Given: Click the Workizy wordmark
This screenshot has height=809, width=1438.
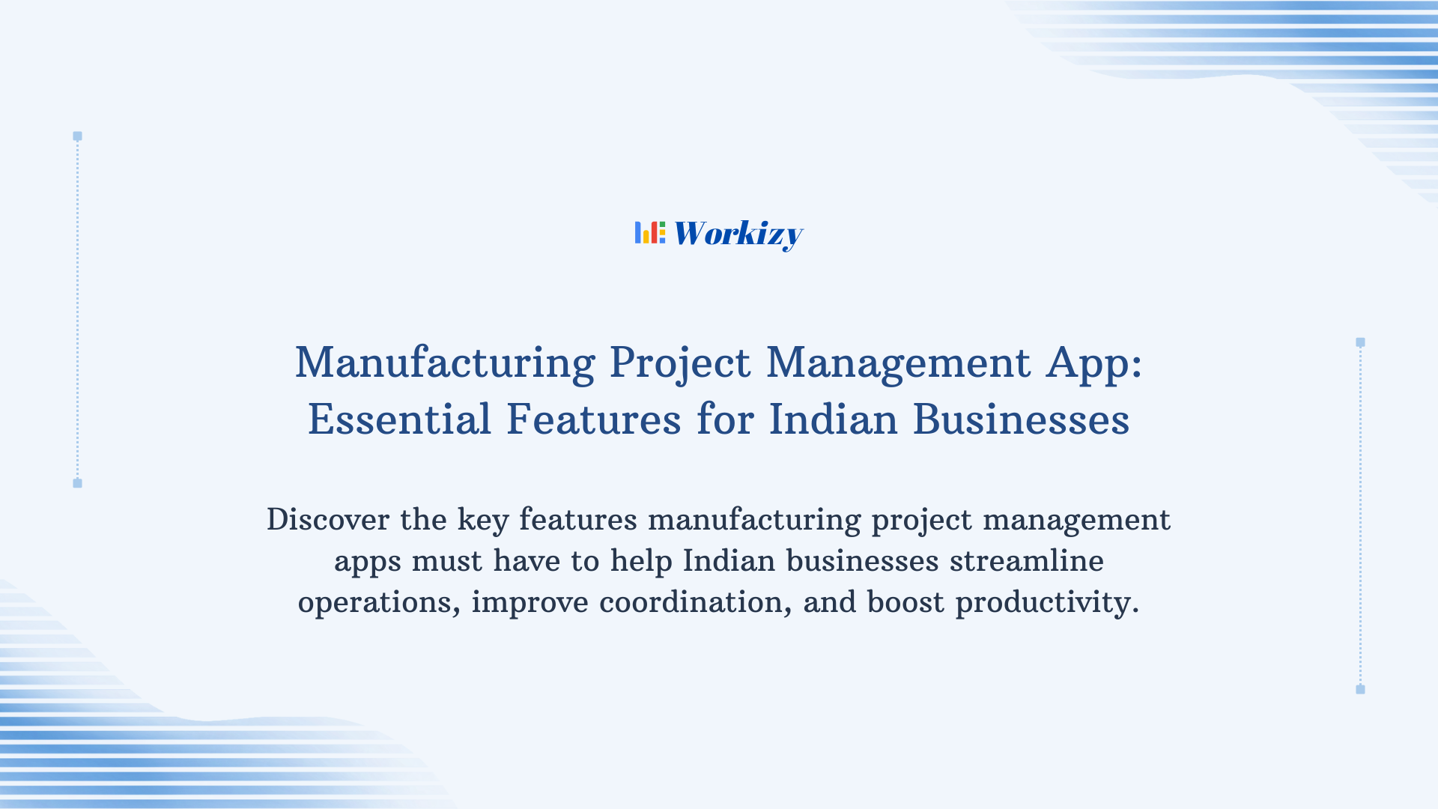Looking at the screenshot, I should (738, 234).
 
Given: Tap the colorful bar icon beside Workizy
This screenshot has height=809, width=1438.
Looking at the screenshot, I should (649, 232).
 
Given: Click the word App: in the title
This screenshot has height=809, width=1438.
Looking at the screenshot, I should (1094, 363).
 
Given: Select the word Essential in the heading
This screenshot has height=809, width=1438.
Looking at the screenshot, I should (399, 419).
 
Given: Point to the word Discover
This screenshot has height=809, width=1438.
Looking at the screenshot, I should (328, 520).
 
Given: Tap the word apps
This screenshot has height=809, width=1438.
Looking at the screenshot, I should (367, 562).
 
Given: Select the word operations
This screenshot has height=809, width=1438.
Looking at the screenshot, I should (379, 603).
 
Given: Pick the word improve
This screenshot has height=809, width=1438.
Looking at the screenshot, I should (530, 602).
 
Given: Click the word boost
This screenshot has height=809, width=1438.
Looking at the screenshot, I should (905, 602).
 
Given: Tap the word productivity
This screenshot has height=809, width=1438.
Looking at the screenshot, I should (1047, 603).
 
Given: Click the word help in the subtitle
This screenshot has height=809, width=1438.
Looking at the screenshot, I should (641, 562).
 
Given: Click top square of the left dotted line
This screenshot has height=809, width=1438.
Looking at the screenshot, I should (77, 136).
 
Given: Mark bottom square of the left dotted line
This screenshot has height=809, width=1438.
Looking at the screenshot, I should (77, 483).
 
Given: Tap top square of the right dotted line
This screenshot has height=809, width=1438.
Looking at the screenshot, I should (1360, 342).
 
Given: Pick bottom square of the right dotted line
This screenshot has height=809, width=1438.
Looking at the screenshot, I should (1360, 689).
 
